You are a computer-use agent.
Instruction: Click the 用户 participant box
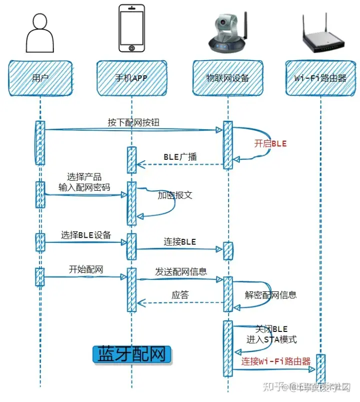click(39, 78)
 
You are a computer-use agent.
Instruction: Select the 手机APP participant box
click(132, 78)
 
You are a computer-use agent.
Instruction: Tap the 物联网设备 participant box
click(227, 78)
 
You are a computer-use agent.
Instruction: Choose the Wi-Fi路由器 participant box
click(320, 78)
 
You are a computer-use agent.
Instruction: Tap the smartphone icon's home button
click(132, 49)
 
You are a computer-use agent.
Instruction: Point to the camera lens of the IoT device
click(222, 24)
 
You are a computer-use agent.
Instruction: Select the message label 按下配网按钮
click(133, 122)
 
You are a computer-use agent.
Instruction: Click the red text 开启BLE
click(270, 143)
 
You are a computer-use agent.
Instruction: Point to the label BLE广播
click(180, 157)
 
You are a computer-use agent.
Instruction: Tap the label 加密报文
click(175, 195)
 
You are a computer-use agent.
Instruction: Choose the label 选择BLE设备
click(86, 235)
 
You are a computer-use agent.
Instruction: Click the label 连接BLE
click(180, 242)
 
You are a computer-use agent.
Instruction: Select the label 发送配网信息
click(181, 272)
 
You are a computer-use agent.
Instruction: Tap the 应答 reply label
click(180, 295)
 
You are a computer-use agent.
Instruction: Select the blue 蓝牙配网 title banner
click(132, 354)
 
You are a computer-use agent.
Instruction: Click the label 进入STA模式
click(271, 339)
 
